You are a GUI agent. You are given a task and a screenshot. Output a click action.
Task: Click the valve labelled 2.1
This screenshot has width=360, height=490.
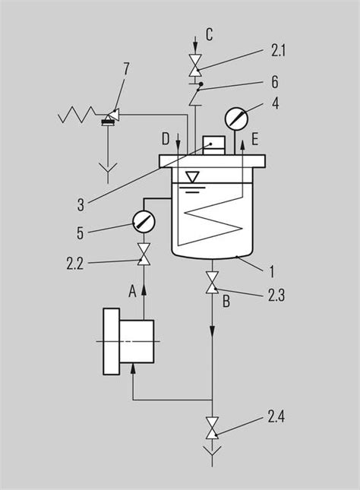[x=196, y=65]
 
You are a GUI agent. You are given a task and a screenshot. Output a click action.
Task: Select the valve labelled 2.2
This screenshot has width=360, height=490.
[x=144, y=254]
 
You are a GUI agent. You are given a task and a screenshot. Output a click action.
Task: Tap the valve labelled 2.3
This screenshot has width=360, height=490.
[x=212, y=282]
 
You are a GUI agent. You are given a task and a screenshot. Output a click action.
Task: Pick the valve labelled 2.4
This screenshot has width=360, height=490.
[x=212, y=428]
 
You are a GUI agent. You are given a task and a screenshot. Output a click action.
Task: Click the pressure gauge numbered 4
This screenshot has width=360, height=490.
[x=236, y=118]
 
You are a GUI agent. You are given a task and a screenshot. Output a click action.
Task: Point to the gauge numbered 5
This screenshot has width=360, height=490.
[x=144, y=221]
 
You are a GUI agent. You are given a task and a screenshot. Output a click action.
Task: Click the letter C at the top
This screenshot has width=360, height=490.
[x=210, y=34]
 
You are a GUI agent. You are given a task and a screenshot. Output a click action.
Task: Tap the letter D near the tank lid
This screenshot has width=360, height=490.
[x=166, y=139]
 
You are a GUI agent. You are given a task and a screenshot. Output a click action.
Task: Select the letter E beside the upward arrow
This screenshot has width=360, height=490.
[x=255, y=139]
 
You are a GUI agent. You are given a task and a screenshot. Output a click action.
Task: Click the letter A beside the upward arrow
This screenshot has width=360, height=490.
[x=133, y=292]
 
